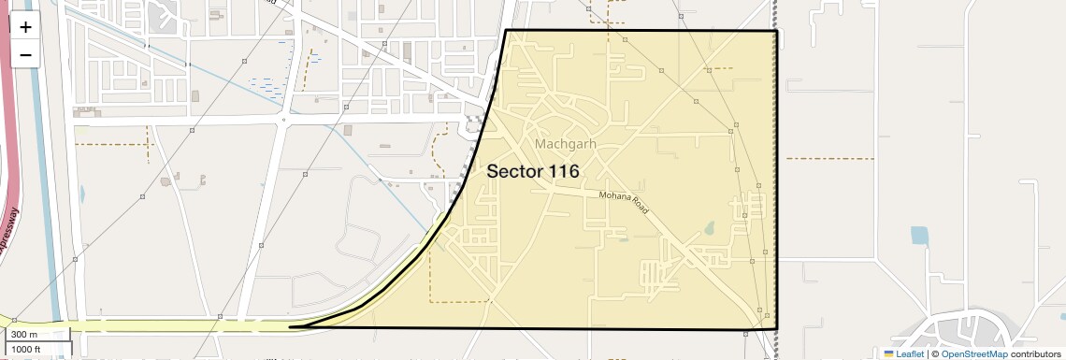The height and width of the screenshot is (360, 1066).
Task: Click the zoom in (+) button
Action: [x=25, y=27]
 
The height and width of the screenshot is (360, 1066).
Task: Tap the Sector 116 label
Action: [x=533, y=172]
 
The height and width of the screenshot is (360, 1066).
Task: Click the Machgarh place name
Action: [x=566, y=144]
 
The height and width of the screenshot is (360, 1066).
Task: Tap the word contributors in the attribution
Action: [x=1036, y=353]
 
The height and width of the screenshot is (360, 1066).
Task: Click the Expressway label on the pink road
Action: [x=11, y=224]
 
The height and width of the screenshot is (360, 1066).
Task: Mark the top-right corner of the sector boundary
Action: [x=777, y=31]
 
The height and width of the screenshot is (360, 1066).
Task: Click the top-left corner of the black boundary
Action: [x=506, y=31]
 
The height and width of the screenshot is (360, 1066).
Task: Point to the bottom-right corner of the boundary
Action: [x=777, y=328]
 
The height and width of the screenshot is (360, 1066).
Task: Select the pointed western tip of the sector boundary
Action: [x=291, y=326]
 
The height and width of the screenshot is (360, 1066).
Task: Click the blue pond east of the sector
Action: [x=919, y=235]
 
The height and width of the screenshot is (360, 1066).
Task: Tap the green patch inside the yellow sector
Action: [x=708, y=227]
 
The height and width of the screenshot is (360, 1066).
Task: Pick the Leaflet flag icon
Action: [x=888, y=353]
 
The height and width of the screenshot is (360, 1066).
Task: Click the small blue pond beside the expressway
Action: [x=82, y=195]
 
